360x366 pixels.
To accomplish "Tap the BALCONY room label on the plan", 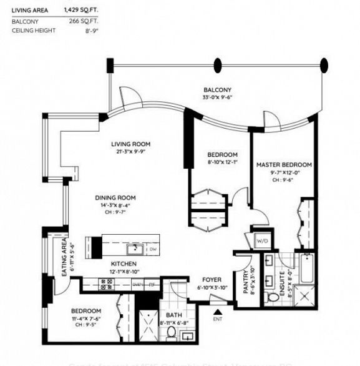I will point(218,90).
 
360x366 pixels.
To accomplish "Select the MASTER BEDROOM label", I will point(284,165).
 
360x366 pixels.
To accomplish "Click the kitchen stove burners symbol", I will point(105,284).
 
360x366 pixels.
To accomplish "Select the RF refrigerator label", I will point(152,284).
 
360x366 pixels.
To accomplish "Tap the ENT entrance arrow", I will point(217,312).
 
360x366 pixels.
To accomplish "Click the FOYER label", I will point(208,280).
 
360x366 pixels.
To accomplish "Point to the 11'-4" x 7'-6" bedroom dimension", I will point(85,318).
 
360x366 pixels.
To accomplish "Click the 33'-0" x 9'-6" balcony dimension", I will point(218,97).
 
